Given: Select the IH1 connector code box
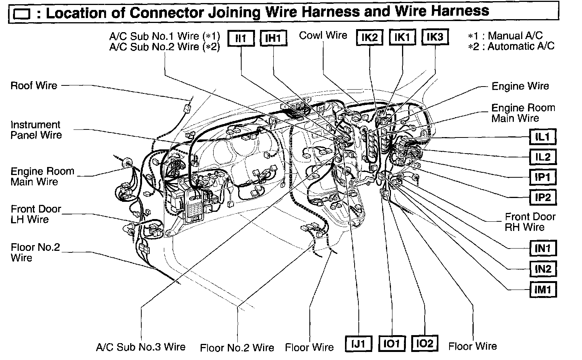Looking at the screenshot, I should pyautogui.click(x=273, y=38).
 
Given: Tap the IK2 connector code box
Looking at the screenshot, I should pyautogui.click(x=369, y=38).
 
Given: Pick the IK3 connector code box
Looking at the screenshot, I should pyautogui.click(x=435, y=37).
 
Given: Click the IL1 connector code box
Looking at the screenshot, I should pyautogui.click(x=542, y=137).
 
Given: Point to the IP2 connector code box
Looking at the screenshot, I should pyautogui.click(x=543, y=197).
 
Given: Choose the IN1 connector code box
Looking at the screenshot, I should pyautogui.click(x=543, y=249).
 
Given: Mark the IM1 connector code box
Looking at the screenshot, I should pyautogui.click(x=543, y=289).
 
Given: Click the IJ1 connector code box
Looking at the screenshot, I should pyautogui.click(x=359, y=344).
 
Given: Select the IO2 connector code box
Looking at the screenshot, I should pyautogui.click(x=425, y=344).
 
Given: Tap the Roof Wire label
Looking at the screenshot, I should pyautogui.click(x=34, y=85).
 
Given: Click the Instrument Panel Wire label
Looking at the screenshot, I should pyautogui.click(x=36, y=130).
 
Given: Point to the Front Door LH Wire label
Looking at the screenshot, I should pyautogui.click(x=36, y=214).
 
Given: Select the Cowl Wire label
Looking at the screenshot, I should pyautogui.click(x=323, y=36).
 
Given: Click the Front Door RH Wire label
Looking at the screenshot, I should pyautogui.click(x=530, y=222).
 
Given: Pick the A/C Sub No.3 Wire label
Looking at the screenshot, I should pyautogui.click(x=141, y=347).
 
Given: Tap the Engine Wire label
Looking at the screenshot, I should pyautogui.click(x=520, y=86).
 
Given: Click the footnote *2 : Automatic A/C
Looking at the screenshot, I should pyautogui.click(x=511, y=47).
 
